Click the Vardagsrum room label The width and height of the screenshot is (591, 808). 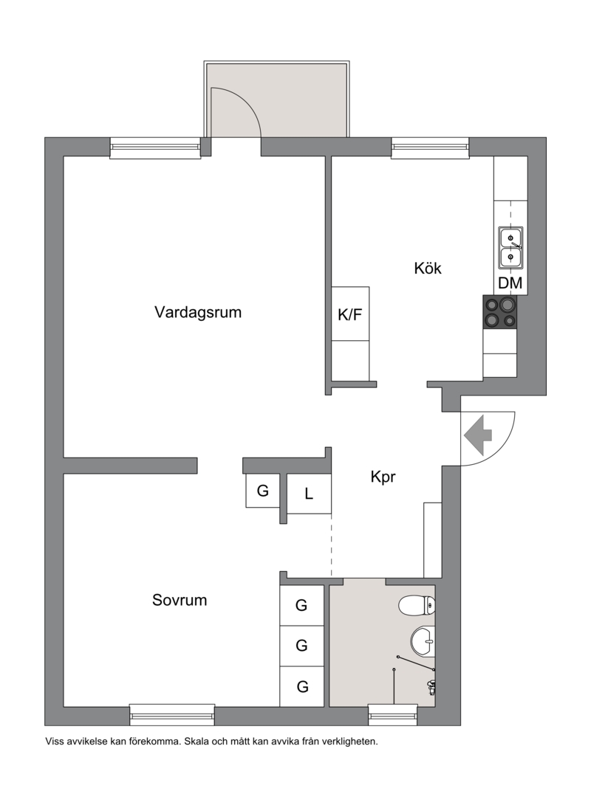coord(198,312)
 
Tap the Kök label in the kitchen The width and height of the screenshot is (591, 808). coord(428,268)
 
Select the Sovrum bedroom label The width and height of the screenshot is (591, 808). coord(180,600)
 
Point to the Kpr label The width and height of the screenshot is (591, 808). coord(383,477)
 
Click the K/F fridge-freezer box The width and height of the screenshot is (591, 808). coord(350,314)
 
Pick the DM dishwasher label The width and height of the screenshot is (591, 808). coord(510,283)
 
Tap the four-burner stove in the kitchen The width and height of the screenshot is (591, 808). coord(499,312)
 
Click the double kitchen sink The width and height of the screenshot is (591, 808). coord(510,247)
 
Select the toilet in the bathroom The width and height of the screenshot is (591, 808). coord(417,605)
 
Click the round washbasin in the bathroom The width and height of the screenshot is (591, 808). coord(423,641)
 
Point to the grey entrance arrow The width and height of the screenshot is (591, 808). coord(478,435)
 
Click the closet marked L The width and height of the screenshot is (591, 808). coord(308,494)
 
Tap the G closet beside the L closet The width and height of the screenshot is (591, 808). coord(262,491)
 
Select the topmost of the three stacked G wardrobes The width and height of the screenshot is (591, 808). coord(301,606)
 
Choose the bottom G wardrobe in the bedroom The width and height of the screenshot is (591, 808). coord(301,686)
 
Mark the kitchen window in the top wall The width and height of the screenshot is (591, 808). coord(430,147)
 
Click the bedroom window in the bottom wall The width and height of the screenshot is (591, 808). coord(171,715)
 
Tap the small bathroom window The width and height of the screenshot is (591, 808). coord(392,715)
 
